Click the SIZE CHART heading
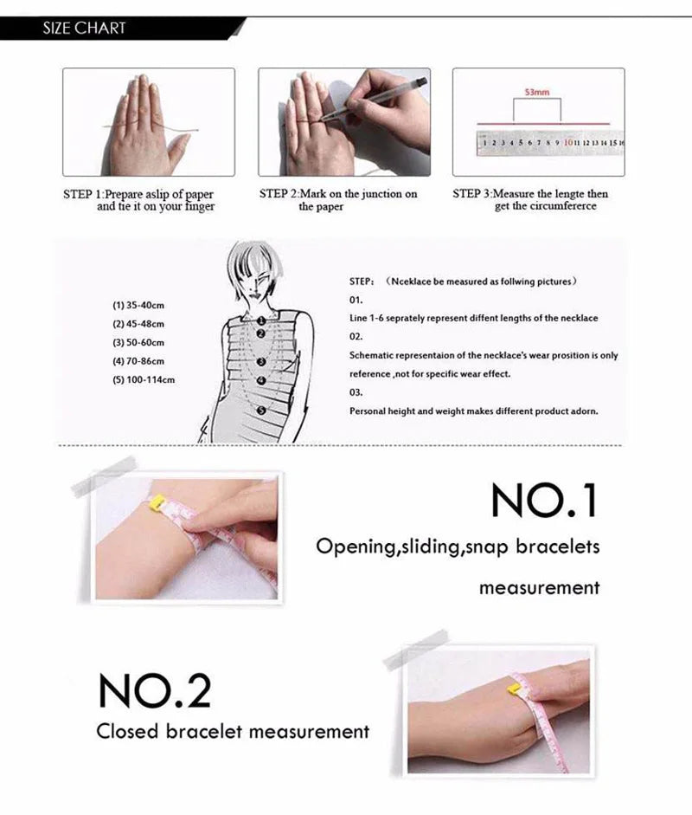pos(84,29)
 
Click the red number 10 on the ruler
pos(572,141)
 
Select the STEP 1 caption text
pos(138,200)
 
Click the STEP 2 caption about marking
pos(338,200)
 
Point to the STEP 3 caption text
pos(530,200)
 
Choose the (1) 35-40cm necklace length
pos(138,306)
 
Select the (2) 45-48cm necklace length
pos(138,324)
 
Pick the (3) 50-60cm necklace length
pos(138,343)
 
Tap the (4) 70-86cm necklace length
pos(138,361)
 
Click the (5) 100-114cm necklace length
pos(144,379)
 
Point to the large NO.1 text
pos(544,500)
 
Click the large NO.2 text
pos(154,689)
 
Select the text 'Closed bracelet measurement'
pos(233,732)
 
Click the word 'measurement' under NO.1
pos(539,588)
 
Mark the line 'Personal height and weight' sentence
pos(473,411)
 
